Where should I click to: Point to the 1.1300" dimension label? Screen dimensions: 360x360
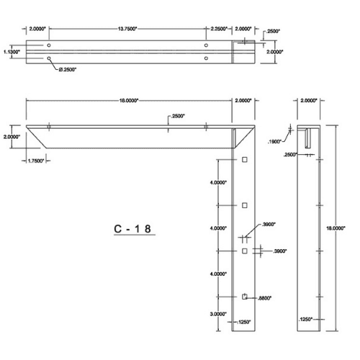[10, 52]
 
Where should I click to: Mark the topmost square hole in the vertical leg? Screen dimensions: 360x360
[245, 159]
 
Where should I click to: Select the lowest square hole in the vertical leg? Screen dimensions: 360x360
[245, 297]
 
